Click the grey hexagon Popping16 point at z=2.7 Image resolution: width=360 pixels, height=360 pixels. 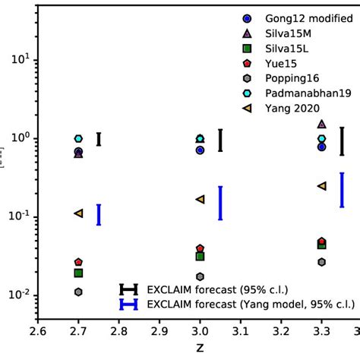tap(78, 292)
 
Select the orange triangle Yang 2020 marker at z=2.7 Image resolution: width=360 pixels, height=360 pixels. tap(78, 213)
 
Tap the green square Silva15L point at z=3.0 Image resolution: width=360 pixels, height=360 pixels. tap(200, 257)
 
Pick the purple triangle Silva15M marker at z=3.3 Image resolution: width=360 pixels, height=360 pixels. tap(321, 123)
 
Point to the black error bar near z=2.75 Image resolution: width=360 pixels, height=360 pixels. tap(99, 139)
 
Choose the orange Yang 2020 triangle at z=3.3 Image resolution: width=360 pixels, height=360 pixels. tap(321, 185)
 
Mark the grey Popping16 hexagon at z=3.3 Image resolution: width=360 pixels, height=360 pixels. tap(321, 262)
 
